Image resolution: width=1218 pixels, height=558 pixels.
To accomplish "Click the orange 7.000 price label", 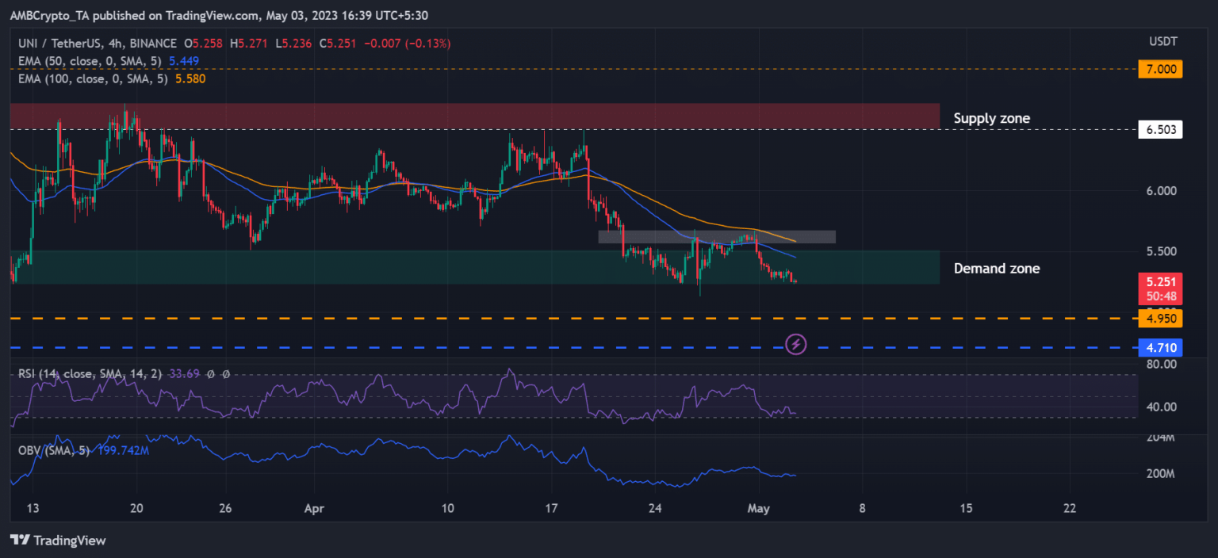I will pyautogui.click(x=1159, y=69).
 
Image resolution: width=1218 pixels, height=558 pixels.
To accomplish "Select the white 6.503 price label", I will pyautogui.click(x=1159, y=129).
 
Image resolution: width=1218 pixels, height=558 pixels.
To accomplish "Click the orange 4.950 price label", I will pyautogui.click(x=1159, y=319).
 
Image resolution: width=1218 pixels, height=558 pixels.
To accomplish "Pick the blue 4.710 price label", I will pyautogui.click(x=1159, y=347).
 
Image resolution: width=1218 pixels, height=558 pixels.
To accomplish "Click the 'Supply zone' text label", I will pyautogui.click(x=991, y=119).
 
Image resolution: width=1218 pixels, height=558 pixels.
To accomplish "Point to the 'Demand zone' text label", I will pyautogui.click(x=996, y=269).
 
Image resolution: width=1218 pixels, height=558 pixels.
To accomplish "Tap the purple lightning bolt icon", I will pyautogui.click(x=796, y=344).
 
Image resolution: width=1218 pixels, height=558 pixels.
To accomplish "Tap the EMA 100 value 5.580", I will pyautogui.click(x=190, y=78).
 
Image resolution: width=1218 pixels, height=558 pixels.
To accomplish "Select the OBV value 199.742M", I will pyautogui.click(x=123, y=450).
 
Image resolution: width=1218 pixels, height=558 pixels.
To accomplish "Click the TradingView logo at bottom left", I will pyautogui.click(x=58, y=541).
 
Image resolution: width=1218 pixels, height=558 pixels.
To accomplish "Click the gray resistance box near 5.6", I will pyautogui.click(x=716, y=236).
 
